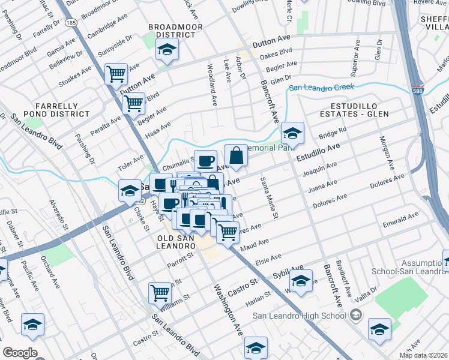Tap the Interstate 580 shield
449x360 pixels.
[x=416, y=91]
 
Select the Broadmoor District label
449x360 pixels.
[x=175, y=31]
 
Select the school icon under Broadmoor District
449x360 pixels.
[x=167, y=50]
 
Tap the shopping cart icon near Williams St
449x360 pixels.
[x=160, y=293]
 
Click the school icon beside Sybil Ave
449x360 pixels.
[x=301, y=280]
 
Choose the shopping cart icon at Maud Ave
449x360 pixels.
[x=227, y=231]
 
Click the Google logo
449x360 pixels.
[x=19, y=353]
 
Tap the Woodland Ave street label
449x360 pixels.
[x=211, y=85]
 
